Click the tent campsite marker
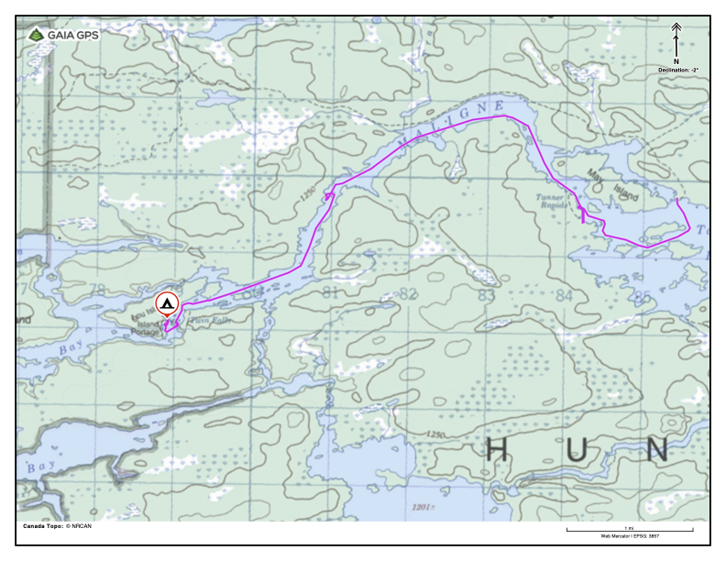click(x=167, y=303)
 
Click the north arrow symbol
click(x=676, y=40)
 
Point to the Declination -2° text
click(x=677, y=69)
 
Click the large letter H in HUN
click(x=496, y=450)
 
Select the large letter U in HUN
click(x=577, y=450)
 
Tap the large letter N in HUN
click(x=656, y=450)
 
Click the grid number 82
click(x=409, y=294)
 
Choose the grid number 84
click(x=564, y=295)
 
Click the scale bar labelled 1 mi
click(x=629, y=530)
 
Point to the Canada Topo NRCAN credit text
click(x=57, y=526)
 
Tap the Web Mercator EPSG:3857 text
click(x=629, y=535)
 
